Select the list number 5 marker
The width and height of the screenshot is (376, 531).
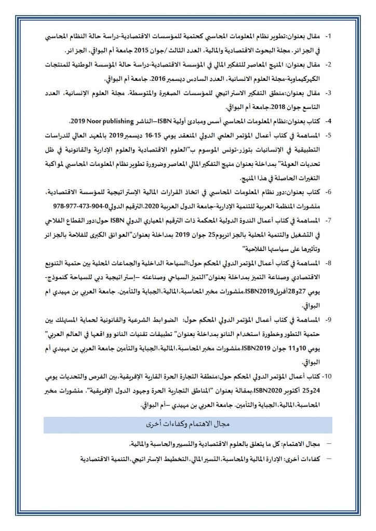coord(328,135)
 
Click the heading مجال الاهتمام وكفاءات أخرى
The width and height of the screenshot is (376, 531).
coord(189,424)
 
